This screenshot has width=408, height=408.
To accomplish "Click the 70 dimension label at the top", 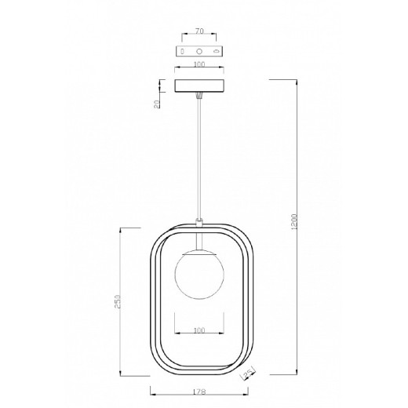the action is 199,31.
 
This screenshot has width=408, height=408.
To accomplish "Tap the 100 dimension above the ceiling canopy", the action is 199,64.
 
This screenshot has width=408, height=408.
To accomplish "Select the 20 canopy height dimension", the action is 157,104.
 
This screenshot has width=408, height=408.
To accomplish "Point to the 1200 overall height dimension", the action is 294,222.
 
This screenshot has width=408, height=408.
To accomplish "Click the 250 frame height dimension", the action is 117,301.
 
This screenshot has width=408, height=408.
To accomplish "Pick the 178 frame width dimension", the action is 199,392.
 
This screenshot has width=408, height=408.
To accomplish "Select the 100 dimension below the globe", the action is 199,330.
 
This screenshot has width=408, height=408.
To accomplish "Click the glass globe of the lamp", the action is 199,274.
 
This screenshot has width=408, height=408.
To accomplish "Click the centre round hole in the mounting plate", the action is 199,51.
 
